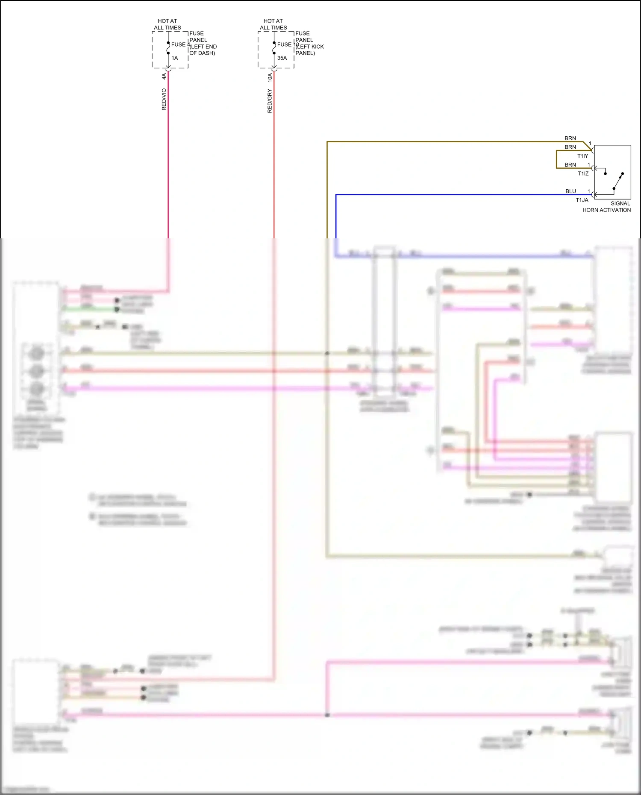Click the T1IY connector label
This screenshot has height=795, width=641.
pyautogui.click(x=582, y=156)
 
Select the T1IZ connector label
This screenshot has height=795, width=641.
pyautogui.click(x=583, y=173)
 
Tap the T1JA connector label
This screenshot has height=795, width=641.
pyautogui.click(x=582, y=200)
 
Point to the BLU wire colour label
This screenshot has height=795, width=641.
pyautogui.click(x=570, y=191)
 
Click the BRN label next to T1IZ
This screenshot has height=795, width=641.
pyautogui.click(x=570, y=164)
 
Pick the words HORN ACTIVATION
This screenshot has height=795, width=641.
pyautogui.click(x=606, y=210)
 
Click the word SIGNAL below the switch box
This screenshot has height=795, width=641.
pyautogui.click(x=620, y=203)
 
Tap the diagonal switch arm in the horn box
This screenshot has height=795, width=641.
pyautogui.click(x=618, y=181)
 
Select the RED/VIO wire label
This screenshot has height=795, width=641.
pyautogui.click(x=164, y=100)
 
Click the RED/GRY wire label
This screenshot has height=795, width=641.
pyautogui.click(x=269, y=101)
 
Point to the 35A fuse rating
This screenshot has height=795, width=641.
pyautogui.click(x=282, y=58)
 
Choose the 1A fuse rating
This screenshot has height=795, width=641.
pyautogui.click(x=175, y=58)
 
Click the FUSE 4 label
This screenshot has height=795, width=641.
pyautogui.click(x=180, y=44)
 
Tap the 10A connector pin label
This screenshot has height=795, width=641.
pyautogui.click(x=270, y=77)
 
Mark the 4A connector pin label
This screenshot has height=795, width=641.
pyautogui.click(x=164, y=76)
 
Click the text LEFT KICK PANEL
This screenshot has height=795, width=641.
pyautogui.click(x=309, y=50)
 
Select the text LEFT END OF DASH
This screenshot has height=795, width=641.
pyautogui.click(x=203, y=50)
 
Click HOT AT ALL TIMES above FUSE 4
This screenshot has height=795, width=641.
pyautogui.click(x=168, y=24)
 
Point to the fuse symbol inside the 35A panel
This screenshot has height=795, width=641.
pyautogui.click(x=274, y=48)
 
